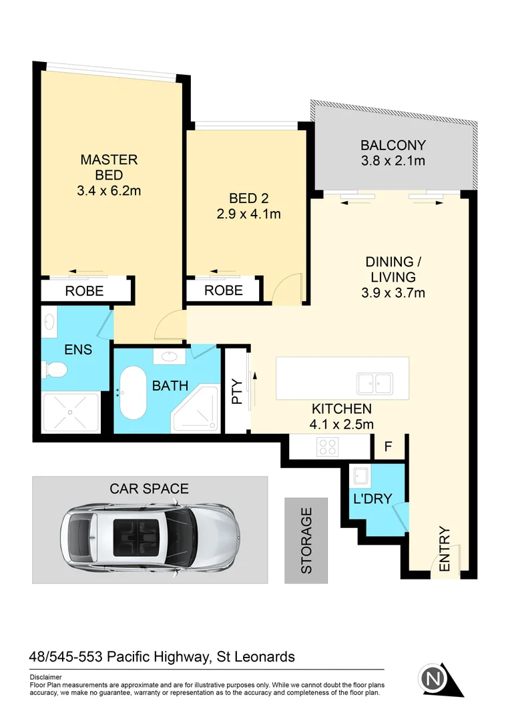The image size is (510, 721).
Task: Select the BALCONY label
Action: pyautogui.click(x=393, y=145)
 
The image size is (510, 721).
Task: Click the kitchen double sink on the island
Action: pyautogui.click(x=374, y=383)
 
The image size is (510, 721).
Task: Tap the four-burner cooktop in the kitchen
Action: pyautogui.click(x=327, y=447)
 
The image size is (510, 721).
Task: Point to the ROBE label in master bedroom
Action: pyautogui.click(x=84, y=291)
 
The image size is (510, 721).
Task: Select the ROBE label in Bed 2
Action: pyautogui.click(x=223, y=291)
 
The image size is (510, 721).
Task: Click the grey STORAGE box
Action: pyautogui.click(x=306, y=541)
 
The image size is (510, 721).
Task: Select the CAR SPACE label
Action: pyautogui.click(x=149, y=489)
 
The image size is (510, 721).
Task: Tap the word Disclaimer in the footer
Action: pyautogui.click(x=45, y=676)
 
